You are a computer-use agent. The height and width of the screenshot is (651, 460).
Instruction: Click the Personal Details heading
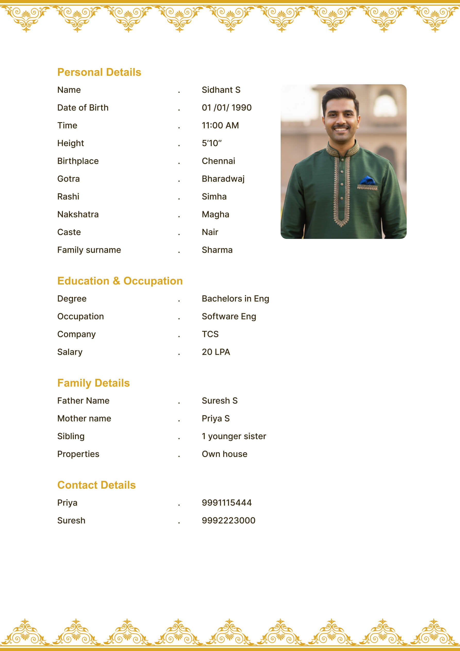point(99,72)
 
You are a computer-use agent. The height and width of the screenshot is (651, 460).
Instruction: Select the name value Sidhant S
point(221,90)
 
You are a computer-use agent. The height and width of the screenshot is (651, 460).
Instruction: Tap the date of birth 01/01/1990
point(227,108)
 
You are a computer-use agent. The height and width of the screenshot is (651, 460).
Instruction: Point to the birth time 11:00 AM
point(220,125)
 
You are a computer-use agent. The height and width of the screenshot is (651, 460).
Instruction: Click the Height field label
point(70,143)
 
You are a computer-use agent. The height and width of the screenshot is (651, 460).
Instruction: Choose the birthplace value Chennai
point(218,161)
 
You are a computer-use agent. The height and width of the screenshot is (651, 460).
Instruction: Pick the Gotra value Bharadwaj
point(223,179)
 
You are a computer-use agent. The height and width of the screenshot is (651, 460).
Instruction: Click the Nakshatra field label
point(78,214)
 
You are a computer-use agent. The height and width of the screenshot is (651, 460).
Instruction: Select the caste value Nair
point(210,232)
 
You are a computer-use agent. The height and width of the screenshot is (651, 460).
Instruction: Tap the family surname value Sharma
point(217,250)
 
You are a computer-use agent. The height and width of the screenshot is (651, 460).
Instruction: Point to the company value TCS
point(210,334)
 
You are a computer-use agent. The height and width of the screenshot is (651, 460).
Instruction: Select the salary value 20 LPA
point(216,352)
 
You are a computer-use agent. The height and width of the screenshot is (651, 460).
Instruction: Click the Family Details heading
point(93,383)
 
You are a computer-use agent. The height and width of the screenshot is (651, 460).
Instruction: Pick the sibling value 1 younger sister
point(234,436)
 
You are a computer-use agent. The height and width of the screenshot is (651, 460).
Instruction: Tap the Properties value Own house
point(224,454)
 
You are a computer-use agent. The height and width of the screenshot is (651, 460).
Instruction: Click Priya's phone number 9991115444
point(227,503)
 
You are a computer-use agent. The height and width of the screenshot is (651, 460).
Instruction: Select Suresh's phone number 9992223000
point(228,521)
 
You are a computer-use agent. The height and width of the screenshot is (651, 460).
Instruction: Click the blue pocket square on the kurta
point(367,180)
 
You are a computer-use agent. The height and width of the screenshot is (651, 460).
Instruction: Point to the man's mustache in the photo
point(341,127)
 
